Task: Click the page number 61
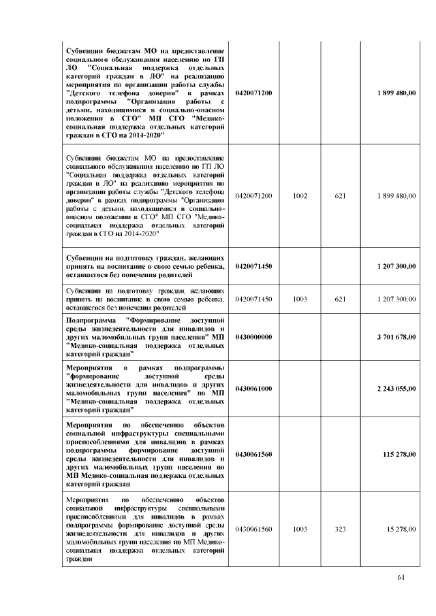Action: click(x=401, y=578)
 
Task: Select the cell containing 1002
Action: click(x=300, y=196)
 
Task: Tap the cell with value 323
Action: click(x=341, y=529)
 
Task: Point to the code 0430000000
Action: click(x=253, y=337)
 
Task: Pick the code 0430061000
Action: click(x=253, y=388)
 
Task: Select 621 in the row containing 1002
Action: click(x=341, y=196)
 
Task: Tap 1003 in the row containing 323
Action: click(x=300, y=529)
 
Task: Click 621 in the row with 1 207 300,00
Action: click(x=341, y=299)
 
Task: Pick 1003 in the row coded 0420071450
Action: click(x=300, y=299)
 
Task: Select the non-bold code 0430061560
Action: click(x=253, y=529)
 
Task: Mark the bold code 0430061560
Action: click(x=253, y=453)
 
